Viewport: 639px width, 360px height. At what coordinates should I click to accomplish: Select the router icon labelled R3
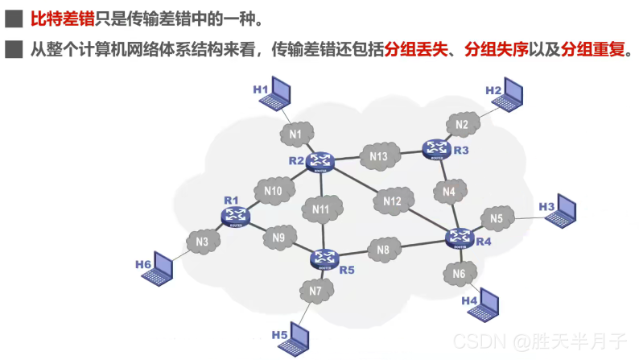pyautogui.click(x=437, y=148)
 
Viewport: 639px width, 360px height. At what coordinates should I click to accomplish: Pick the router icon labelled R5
pyautogui.click(x=325, y=258)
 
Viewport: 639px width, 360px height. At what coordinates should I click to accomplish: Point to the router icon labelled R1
pyautogui.click(x=236, y=214)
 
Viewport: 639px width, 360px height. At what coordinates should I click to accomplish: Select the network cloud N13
pyautogui.click(x=379, y=156)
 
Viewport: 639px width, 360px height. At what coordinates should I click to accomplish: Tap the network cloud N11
pyautogui.click(x=321, y=209)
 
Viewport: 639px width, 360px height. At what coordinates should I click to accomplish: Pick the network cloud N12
pyautogui.click(x=392, y=201)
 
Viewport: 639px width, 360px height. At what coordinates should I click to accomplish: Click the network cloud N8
pyautogui.click(x=383, y=250)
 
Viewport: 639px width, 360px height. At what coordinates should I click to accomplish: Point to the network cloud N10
pyautogui.click(x=273, y=192)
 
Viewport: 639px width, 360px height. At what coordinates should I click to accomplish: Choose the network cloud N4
pyautogui.click(x=449, y=192)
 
